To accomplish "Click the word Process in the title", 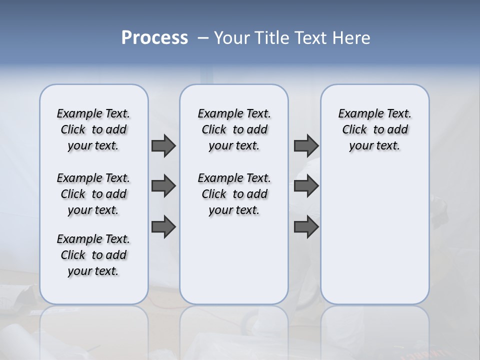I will click(x=154, y=37).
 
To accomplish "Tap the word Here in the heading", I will click(x=351, y=37).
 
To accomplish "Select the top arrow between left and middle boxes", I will click(x=163, y=146).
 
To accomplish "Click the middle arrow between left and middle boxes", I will click(x=163, y=186).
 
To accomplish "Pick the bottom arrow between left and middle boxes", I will click(x=163, y=227).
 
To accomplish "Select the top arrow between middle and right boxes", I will click(x=306, y=146).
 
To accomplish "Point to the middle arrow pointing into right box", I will click(x=306, y=186).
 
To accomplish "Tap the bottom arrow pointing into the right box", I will click(x=306, y=227).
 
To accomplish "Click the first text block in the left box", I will click(x=93, y=129).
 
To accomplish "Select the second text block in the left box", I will click(x=93, y=194).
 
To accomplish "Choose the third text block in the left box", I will click(x=93, y=255).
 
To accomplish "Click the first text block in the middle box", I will click(x=234, y=129).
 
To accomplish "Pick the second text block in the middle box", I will click(x=234, y=194).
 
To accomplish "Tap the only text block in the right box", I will click(x=374, y=129).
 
